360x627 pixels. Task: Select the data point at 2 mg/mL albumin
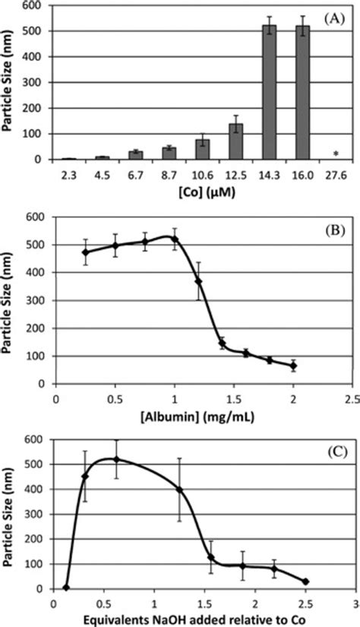(x=294, y=366)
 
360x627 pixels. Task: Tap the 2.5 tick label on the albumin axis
(x=353, y=396)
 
